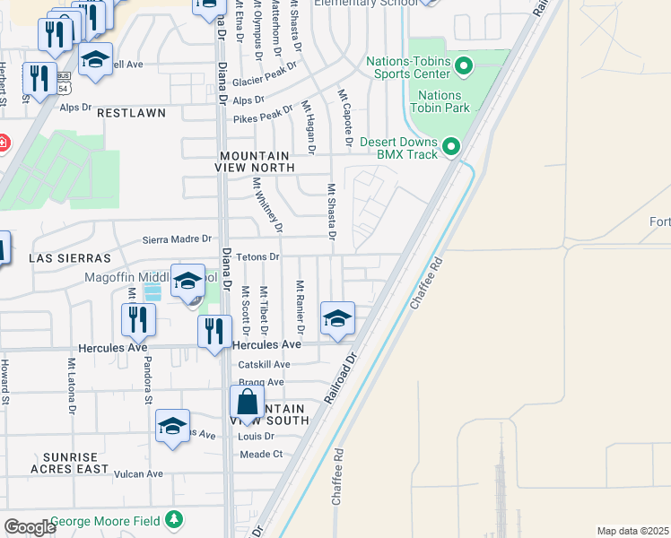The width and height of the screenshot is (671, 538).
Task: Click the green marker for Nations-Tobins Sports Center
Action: (x=464, y=65)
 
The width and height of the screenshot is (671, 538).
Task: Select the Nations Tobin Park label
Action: (x=440, y=101)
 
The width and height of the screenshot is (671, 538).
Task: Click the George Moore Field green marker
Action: (x=174, y=520)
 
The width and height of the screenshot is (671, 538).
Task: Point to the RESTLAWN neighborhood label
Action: (x=131, y=113)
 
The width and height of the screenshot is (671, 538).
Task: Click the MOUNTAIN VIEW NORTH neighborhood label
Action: (x=257, y=161)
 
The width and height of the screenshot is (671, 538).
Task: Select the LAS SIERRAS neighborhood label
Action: (x=64, y=257)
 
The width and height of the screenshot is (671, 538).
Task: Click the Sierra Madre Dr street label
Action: (x=177, y=239)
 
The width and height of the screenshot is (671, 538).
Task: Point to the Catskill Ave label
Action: (x=264, y=365)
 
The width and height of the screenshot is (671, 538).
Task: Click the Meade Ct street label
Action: (x=261, y=455)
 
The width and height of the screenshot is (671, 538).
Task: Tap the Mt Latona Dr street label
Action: (x=71, y=386)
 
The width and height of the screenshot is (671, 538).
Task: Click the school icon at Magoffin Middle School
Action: (x=188, y=282)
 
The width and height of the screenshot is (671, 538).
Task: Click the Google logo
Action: (x=30, y=527)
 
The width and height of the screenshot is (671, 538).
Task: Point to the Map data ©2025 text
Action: (x=632, y=531)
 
